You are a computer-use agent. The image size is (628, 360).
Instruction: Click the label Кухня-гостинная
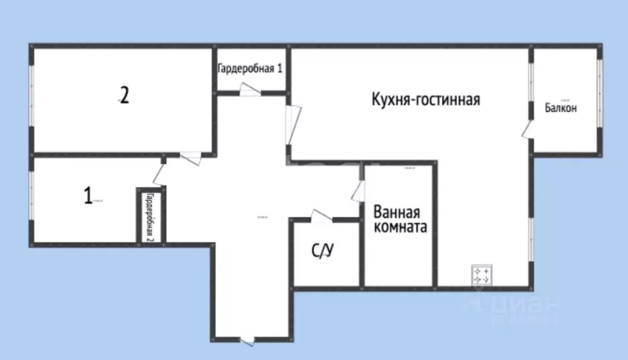click(x=425, y=99)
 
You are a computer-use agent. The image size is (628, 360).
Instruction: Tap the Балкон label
click(x=561, y=108)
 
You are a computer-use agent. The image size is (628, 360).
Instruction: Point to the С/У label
click(x=324, y=251)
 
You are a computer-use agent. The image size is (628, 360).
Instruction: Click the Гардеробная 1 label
click(x=250, y=68)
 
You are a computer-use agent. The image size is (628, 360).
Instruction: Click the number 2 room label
click(x=124, y=96)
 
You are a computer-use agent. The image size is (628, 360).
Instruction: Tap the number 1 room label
click(x=88, y=196)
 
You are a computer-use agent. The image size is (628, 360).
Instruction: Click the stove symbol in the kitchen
click(x=481, y=275)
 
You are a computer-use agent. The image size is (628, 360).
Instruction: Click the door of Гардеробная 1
click(x=250, y=90)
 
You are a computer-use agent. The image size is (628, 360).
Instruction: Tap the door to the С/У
click(x=321, y=216)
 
